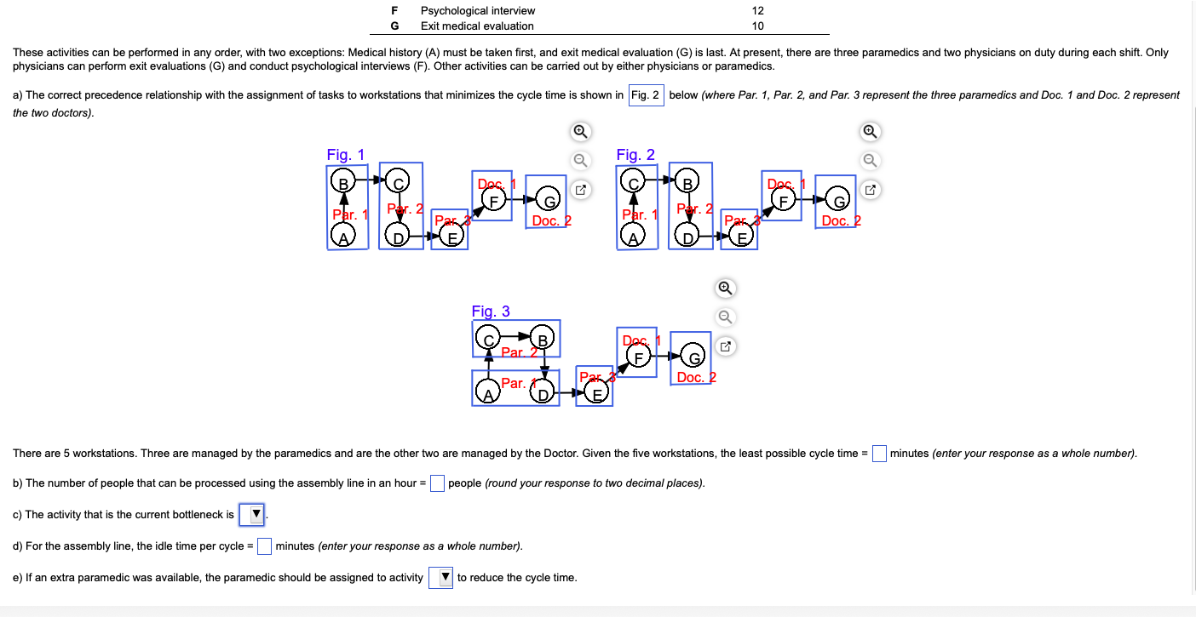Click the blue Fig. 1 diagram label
point(345,155)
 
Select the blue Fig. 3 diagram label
point(491,311)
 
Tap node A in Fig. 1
point(342,238)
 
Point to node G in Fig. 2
point(841,201)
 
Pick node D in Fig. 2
point(687,237)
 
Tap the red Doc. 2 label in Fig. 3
point(696,377)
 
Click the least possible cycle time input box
point(879,453)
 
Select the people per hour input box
point(437,483)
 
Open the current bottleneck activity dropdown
point(252,514)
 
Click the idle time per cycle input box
point(264,546)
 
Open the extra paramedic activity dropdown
point(442,577)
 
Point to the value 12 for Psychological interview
point(758,11)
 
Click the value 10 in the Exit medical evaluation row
point(758,26)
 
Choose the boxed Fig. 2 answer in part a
point(646,94)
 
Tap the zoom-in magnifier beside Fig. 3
point(724,288)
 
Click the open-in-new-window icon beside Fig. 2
point(870,190)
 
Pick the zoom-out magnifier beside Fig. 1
point(579,160)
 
